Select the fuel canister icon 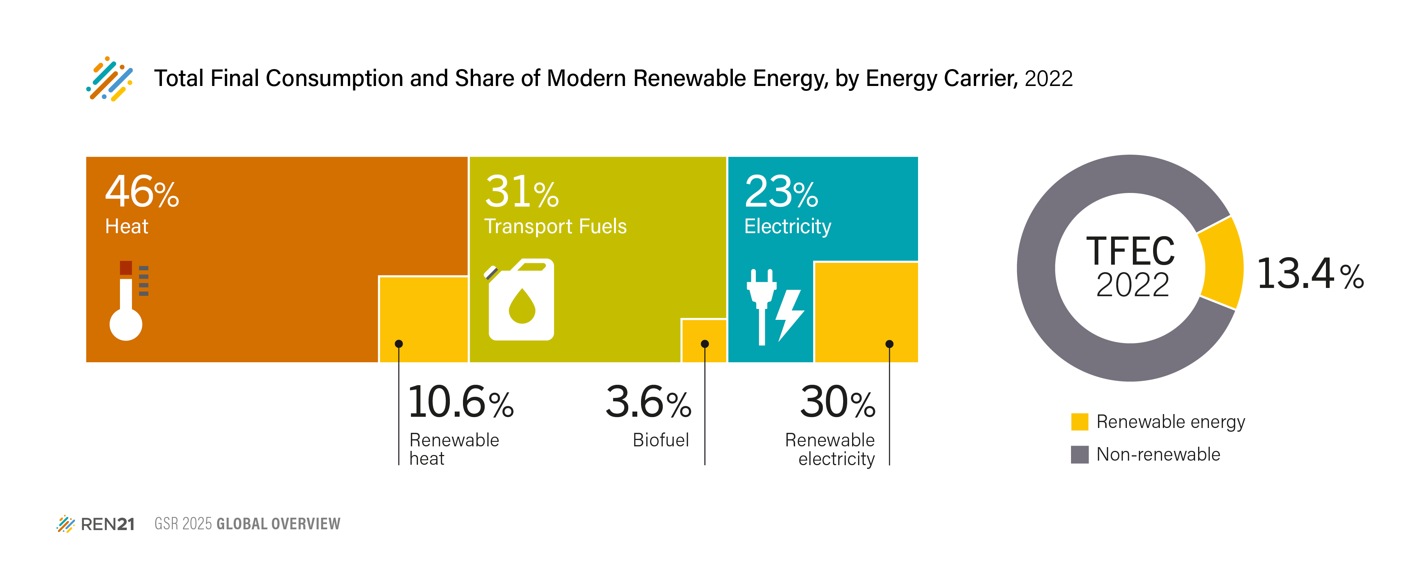(x=520, y=300)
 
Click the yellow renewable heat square (x=424, y=318)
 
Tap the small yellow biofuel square (x=704, y=340)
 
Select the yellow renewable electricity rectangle (x=866, y=312)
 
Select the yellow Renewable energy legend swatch (x=1079, y=422)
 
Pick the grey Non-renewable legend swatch (x=1079, y=454)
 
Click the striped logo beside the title (x=109, y=79)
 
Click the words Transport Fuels (x=555, y=226)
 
